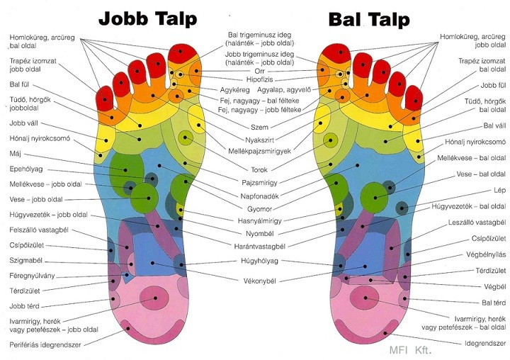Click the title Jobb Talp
(x=147, y=19)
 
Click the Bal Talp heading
(x=369, y=19)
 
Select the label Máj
(x=16, y=153)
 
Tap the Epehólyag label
(x=26, y=169)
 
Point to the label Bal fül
(x=19, y=84)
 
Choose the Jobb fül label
(x=493, y=86)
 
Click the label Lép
(x=499, y=190)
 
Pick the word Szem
(x=259, y=128)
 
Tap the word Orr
(x=259, y=71)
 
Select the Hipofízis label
(x=259, y=79)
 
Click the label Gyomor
(x=259, y=209)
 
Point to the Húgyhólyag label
(x=259, y=261)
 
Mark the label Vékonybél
(x=259, y=281)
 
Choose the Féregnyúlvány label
(x=32, y=276)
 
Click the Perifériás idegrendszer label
(x=45, y=344)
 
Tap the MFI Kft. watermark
(x=410, y=350)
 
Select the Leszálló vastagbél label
(x=477, y=223)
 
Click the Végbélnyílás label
(x=486, y=254)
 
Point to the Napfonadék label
(x=259, y=196)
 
